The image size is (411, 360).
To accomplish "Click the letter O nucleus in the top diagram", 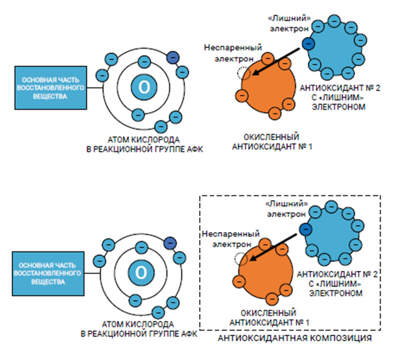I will [x=144, y=86].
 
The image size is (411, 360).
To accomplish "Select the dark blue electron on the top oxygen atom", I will [x=174, y=57].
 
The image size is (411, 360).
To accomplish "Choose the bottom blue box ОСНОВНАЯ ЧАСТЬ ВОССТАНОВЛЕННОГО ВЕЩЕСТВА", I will [x=50, y=273].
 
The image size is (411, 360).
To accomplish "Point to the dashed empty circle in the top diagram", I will [x=243, y=73].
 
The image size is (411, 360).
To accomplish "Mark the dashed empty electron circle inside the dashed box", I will [x=241, y=258].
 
